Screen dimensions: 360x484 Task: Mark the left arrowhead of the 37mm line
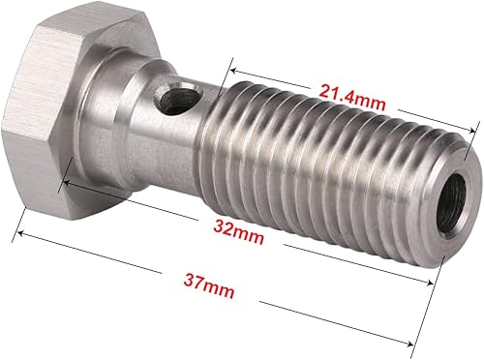coord(16,231)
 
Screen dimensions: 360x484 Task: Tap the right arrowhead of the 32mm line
coord(432,282)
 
